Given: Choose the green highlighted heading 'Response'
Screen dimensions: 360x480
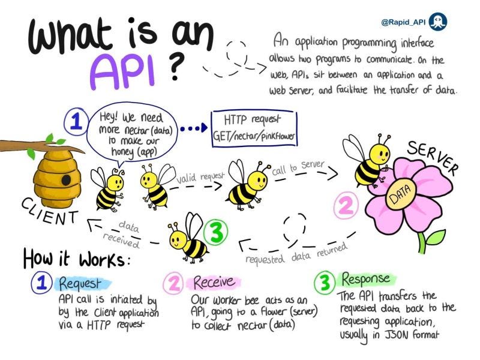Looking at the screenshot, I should [365, 279].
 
